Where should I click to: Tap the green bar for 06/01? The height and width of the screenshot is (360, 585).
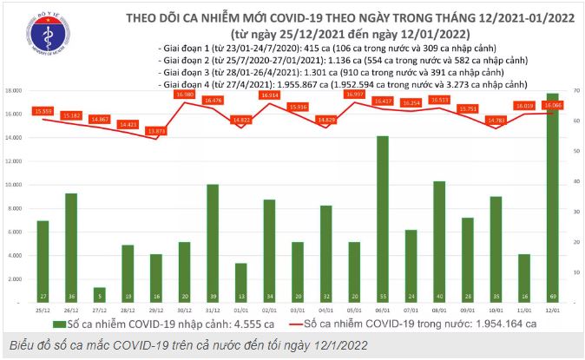381,217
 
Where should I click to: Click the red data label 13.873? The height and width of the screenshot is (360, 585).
155,131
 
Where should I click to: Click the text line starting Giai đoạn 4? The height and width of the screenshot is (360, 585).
344,85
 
